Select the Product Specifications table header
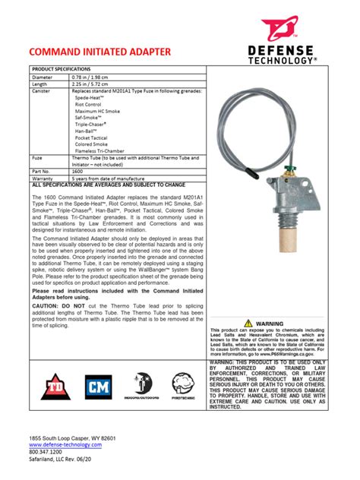point(61,68)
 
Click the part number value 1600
point(78,171)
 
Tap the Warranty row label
point(43,178)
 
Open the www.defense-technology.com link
point(65,444)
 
